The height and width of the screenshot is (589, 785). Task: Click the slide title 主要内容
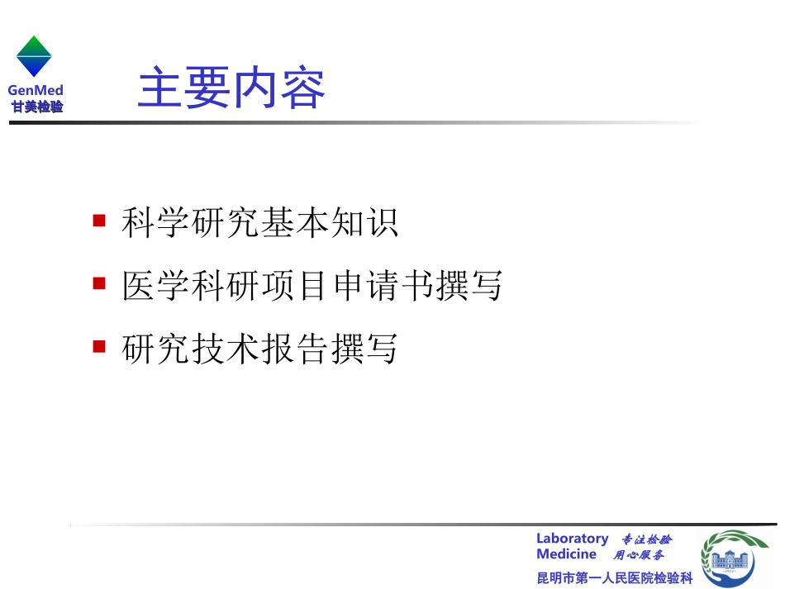coord(231,88)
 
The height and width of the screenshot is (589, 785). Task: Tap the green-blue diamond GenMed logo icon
coord(34,56)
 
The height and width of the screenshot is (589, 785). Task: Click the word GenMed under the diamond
coord(36,91)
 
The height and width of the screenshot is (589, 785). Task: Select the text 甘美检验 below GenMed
coord(36,106)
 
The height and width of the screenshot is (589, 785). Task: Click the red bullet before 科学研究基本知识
coord(99,221)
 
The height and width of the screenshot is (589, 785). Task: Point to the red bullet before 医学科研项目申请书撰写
coord(99,283)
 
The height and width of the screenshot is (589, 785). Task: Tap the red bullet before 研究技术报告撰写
coord(99,346)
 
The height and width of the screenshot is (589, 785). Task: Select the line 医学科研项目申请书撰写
coord(312,286)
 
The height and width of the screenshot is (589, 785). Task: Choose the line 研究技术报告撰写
coord(259,349)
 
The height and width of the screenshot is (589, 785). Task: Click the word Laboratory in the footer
coord(572,539)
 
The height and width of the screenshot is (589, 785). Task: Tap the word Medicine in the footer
coord(566,554)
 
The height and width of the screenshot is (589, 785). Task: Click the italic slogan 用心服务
coord(638,555)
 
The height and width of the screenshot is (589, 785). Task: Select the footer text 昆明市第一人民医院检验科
coord(614,577)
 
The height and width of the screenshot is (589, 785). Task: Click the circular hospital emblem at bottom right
coord(735,558)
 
